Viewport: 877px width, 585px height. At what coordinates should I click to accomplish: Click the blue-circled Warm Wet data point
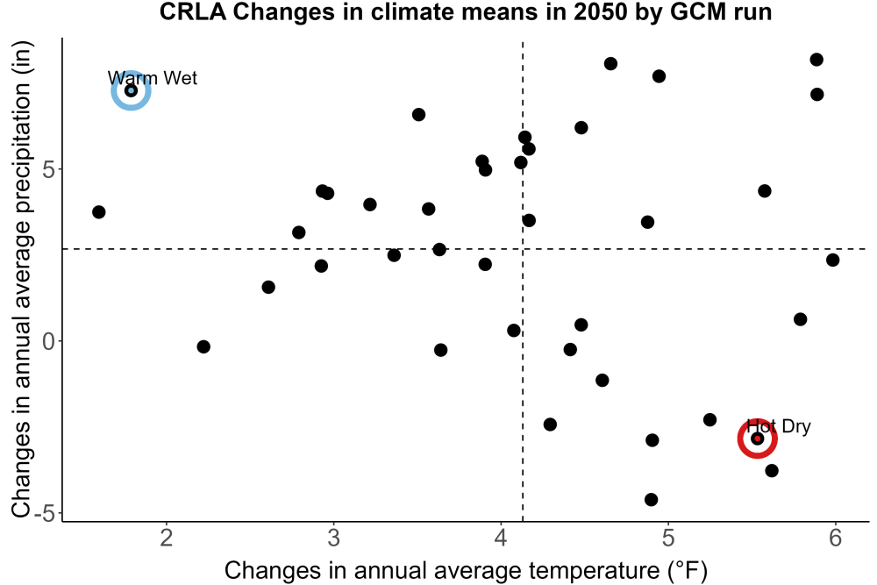(x=131, y=90)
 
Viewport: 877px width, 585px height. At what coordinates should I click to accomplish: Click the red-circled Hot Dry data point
(x=758, y=439)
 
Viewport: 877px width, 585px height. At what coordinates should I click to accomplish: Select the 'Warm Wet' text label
(x=152, y=78)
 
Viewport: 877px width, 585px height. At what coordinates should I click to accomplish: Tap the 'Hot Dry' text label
(x=779, y=426)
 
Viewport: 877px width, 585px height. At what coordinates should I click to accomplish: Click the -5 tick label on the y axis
(x=45, y=513)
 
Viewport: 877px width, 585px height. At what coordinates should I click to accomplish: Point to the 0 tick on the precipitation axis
(x=49, y=341)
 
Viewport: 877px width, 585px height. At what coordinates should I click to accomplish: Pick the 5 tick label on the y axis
(x=49, y=169)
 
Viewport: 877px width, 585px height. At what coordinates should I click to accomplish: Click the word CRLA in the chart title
(x=193, y=11)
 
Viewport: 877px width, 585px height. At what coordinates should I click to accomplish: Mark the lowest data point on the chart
(x=651, y=499)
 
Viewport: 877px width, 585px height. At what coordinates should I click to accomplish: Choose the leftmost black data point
(x=99, y=212)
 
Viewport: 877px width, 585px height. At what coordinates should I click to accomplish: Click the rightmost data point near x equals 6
(x=833, y=260)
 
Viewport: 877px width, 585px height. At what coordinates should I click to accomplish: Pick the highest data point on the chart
(x=816, y=60)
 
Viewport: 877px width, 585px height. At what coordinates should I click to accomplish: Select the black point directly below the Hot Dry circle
(x=772, y=470)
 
